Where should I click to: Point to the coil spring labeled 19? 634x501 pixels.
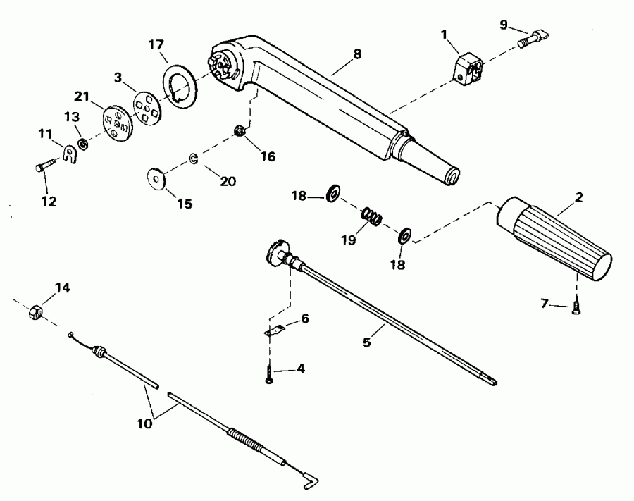(371, 217)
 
